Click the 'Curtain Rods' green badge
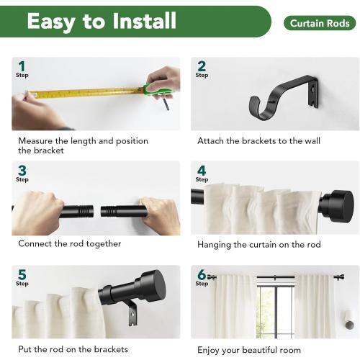point(319,24)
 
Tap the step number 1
point(21,67)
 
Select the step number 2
point(201,66)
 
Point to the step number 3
point(22,171)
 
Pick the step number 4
point(201,171)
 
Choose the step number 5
point(22,274)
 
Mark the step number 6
point(201,274)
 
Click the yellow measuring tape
point(86,92)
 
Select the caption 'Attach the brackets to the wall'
point(258,141)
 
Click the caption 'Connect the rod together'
point(70,244)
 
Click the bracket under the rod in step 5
point(130,312)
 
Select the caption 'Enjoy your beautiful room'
point(250,349)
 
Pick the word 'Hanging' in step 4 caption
point(216,245)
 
